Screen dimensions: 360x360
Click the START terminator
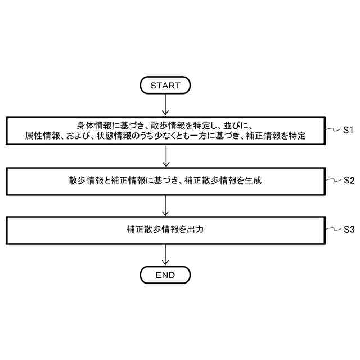click(165, 85)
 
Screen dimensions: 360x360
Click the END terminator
click(165, 275)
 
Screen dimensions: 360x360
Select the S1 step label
click(348, 130)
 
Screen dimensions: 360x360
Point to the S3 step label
click(348, 229)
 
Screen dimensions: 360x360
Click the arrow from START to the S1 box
click(165, 105)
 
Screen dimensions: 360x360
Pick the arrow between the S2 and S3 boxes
click(165, 205)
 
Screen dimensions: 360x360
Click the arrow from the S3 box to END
click(165, 255)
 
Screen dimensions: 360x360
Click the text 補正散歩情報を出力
click(165, 229)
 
